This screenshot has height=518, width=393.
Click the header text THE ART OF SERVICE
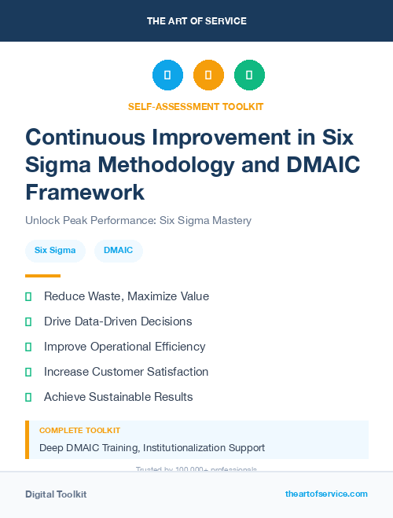tap(196, 20)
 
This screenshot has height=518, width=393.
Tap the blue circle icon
tap(167, 75)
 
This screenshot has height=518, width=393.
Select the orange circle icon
tap(208, 75)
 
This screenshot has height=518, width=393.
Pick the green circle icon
tap(249, 75)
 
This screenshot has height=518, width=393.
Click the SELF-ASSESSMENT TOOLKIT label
tap(196, 106)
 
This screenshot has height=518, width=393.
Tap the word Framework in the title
tap(85, 192)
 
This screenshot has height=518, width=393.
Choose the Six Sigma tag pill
tap(55, 251)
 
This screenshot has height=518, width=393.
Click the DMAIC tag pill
tap(119, 251)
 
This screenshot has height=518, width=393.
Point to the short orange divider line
tap(42, 276)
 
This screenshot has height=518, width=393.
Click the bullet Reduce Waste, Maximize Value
tap(126, 296)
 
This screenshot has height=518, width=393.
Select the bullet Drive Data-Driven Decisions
tap(118, 321)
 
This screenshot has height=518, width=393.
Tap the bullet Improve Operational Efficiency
tap(124, 347)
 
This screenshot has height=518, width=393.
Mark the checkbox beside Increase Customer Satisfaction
tap(28, 372)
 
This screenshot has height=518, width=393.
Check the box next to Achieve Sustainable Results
tap(28, 397)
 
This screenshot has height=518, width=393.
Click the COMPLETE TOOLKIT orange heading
tap(79, 431)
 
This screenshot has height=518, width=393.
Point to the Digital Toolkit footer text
tap(56, 494)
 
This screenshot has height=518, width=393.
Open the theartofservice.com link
tap(326, 494)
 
